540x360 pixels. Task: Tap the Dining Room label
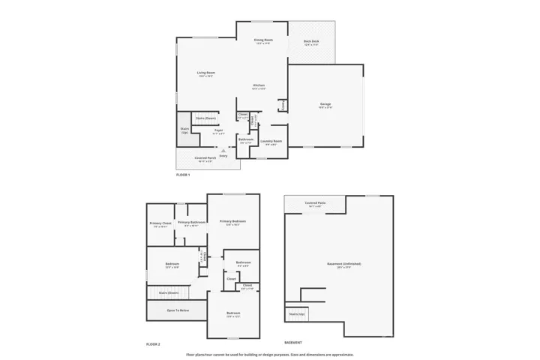click(x=262, y=40)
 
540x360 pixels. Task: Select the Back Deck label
click(x=311, y=42)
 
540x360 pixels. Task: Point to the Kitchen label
click(x=259, y=86)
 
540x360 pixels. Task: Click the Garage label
click(x=325, y=104)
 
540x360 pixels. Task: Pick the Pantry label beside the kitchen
click(x=282, y=105)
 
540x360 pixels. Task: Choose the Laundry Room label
click(x=271, y=142)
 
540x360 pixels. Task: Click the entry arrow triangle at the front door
click(x=223, y=150)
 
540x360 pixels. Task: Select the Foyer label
click(x=218, y=130)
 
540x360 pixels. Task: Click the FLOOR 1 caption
click(x=183, y=175)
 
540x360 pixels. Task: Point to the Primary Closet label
click(x=161, y=223)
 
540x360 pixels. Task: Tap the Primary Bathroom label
click(x=192, y=223)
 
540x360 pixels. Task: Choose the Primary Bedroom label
click(x=232, y=222)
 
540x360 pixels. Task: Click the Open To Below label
click(x=178, y=310)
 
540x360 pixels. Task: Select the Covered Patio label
click(x=315, y=203)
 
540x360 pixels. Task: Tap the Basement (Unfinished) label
click(x=344, y=264)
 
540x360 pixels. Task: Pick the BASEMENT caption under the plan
click(x=293, y=343)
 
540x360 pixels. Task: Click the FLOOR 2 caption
click(x=154, y=343)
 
